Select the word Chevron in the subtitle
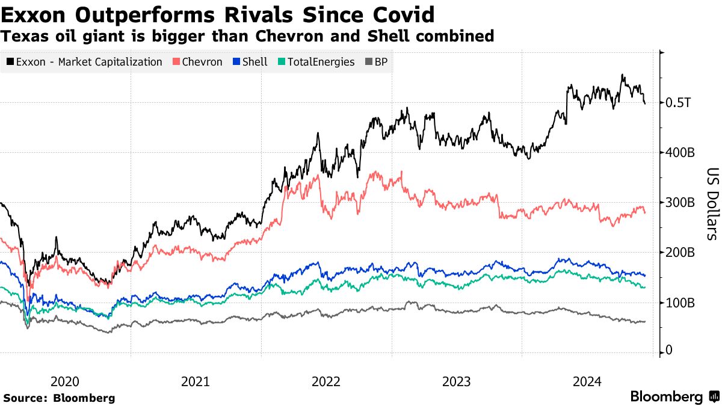click(288, 36)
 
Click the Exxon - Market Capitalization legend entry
click(84, 62)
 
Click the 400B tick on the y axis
click(680, 153)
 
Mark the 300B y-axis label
click(680, 203)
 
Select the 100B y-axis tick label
click(680, 303)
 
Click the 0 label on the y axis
click(669, 350)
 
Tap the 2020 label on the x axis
click(65, 381)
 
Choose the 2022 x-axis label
click(326, 381)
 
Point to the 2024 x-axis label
click(587, 381)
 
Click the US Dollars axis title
click(711, 203)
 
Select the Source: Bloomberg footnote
click(59, 398)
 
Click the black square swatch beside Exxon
click(10, 62)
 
